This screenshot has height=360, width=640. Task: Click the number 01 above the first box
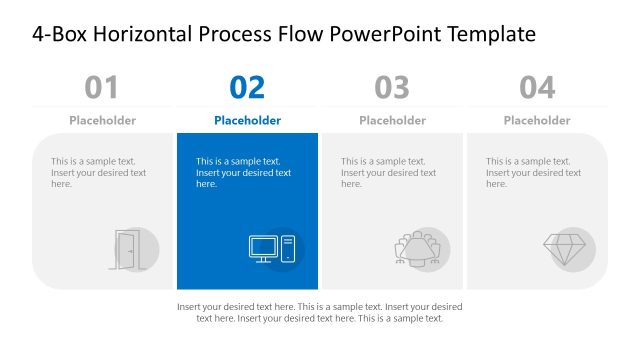[x=102, y=88]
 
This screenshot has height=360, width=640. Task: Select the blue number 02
[x=247, y=88]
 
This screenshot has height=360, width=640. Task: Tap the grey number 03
[x=392, y=88]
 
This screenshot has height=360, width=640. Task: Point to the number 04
[x=537, y=88]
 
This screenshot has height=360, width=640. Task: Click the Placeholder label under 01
[x=102, y=121]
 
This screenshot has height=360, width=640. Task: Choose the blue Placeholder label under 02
[x=247, y=121]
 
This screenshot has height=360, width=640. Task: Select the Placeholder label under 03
[x=392, y=121]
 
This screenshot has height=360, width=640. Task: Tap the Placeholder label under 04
[x=537, y=121]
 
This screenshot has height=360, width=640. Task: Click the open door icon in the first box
[x=127, y=249]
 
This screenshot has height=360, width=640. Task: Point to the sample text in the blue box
[x=243, y=172]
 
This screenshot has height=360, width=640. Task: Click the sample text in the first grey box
[x=98, y=172]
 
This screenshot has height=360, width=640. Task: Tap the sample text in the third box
[x=388, y=172]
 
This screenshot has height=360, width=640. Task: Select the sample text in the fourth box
[x=533, y=172]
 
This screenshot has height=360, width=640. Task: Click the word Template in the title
[x=492, y=35]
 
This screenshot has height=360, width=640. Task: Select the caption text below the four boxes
[x=319, y=312]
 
